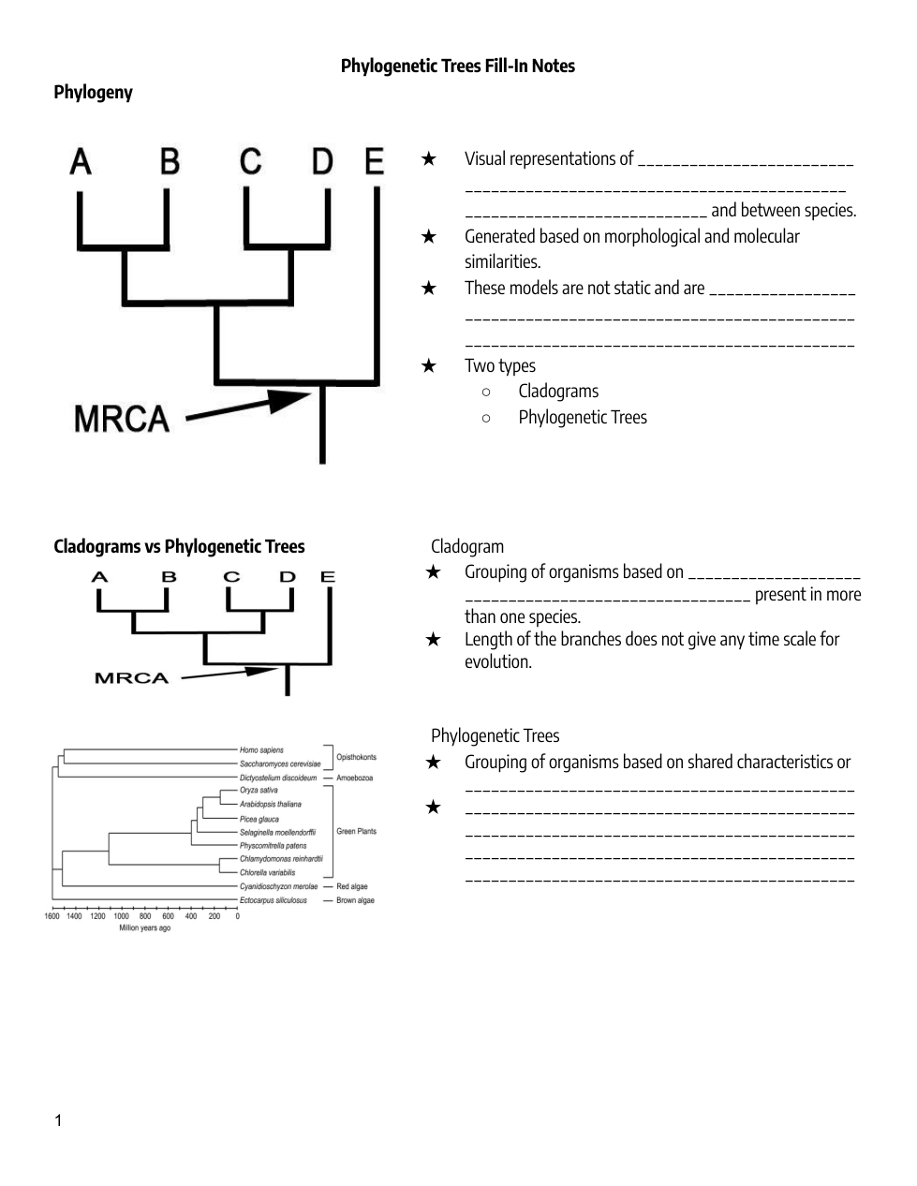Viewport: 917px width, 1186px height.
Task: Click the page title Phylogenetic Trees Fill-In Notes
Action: point(457,66)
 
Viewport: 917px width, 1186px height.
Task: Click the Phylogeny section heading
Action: point(93,92)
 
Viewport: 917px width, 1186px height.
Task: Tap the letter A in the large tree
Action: point(81,162)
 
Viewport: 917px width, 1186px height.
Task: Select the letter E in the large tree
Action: point(374,161)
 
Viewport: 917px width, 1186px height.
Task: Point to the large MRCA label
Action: point(122,418)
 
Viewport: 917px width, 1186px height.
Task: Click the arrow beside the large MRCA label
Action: point(248,408)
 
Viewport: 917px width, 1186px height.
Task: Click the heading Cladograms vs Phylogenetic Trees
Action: point(179,546)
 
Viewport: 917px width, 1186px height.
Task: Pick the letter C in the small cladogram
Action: point(231,577)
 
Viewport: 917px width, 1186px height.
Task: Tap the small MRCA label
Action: point(131,678)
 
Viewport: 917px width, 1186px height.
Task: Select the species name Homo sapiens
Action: point(261,750)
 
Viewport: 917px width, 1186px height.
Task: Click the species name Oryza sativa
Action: point(259,791)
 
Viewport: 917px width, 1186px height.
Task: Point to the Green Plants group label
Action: point(356,831)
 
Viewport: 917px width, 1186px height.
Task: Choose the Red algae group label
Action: point(352,886)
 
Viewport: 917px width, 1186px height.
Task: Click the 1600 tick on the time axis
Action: point(52,916)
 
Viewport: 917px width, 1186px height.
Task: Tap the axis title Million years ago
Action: point(144,928)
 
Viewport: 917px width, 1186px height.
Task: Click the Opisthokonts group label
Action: point(356,757)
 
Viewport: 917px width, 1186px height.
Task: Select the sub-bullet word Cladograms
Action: point(558,391)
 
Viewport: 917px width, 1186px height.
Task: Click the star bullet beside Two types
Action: point(428,365)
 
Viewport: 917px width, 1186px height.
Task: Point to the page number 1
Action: point(58,1121)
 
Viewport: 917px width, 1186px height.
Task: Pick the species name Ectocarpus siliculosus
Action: point(273,900)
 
